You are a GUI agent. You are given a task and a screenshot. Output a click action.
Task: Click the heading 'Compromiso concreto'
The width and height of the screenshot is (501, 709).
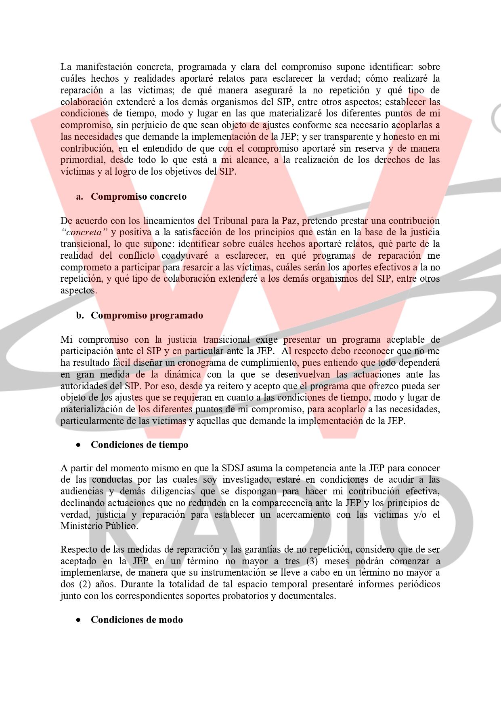coord(138,197)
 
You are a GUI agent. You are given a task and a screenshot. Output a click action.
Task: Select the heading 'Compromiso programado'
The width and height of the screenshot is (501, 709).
coord(147,315)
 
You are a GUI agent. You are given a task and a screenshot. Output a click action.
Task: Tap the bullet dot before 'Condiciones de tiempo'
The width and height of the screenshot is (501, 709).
coord(79,445)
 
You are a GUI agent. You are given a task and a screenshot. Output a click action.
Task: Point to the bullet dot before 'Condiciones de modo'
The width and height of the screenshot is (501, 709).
coord(79,620)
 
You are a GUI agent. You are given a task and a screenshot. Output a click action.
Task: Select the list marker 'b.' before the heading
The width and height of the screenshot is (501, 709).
coord(80,315)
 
